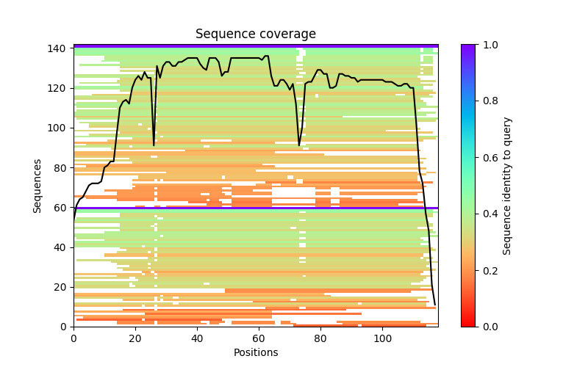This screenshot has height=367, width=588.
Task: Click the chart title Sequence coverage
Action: coord(255,34)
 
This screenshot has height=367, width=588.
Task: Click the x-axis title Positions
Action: coord(255,352)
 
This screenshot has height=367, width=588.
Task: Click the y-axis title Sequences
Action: coord(37,185)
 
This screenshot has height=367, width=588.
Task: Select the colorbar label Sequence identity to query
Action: coord(507,185)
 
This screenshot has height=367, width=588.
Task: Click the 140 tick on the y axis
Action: coord(60,48)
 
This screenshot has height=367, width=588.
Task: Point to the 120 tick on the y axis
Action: coord(60,88)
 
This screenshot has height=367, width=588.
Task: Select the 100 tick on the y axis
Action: coord(60,128)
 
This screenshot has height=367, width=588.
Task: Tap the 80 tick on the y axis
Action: coord(60,167)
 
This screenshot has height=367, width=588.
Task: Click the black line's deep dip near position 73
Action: coord(299,145)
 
